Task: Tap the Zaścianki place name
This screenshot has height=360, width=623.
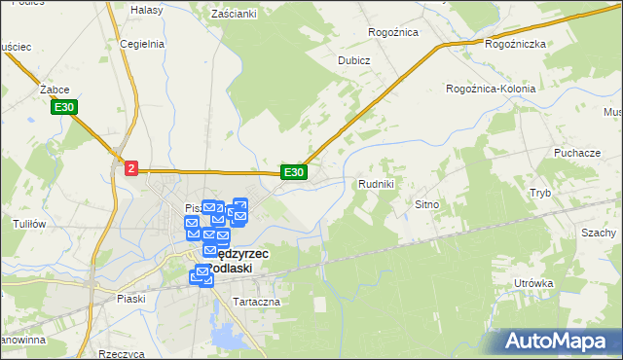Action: (x=234, y=14)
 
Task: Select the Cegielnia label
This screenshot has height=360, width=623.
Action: (x=139, y=44)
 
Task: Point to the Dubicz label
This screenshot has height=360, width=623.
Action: (x=354, y=59)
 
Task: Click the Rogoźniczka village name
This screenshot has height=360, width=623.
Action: (x=515, y=45)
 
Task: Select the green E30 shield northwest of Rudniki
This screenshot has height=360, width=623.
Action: (x=294, y=172)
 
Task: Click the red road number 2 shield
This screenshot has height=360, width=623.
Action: (x=131, y=168)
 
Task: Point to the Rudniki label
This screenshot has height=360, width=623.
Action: (x=376, y=184)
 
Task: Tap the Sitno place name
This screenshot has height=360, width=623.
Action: (x=428, y=205)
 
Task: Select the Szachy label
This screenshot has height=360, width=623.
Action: (x=599, y=234)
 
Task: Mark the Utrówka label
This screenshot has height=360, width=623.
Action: (x=534, y=284)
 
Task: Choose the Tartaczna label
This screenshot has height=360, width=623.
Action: (x=257, y=302)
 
